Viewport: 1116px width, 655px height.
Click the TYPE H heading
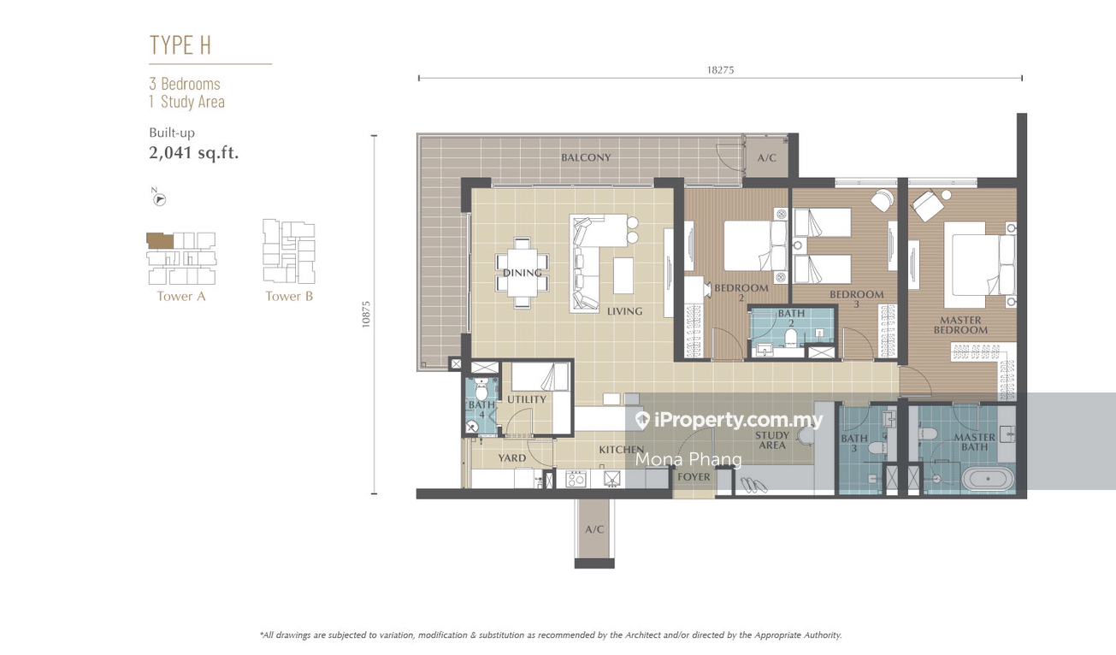[180, 44]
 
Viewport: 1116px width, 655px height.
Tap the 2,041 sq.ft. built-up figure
[194, 152]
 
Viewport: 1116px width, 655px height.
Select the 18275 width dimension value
[720, 70]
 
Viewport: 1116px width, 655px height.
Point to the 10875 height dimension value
[366, 315]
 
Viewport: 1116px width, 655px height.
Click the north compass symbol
[159, 198]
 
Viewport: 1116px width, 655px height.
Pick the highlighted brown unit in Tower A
[160, 240]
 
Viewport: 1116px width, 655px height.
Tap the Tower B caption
[289, 297]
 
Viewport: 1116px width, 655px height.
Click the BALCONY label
[586, 157]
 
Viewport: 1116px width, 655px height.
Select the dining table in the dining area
[523, 273]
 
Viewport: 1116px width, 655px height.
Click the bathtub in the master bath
[988, 479]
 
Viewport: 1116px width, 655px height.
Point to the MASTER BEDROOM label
[960, 325]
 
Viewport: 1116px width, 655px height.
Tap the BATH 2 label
[791, 318]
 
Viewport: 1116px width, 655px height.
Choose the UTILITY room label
[527, 399]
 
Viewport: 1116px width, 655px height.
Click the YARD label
[511, 458]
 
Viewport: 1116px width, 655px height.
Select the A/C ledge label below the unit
[594, 529]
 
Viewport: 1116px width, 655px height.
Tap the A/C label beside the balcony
[767, 158]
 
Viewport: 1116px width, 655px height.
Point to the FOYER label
[694, 477]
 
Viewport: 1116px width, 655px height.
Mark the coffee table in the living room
[623, 275]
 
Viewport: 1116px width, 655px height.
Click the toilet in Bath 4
[481, 390]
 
